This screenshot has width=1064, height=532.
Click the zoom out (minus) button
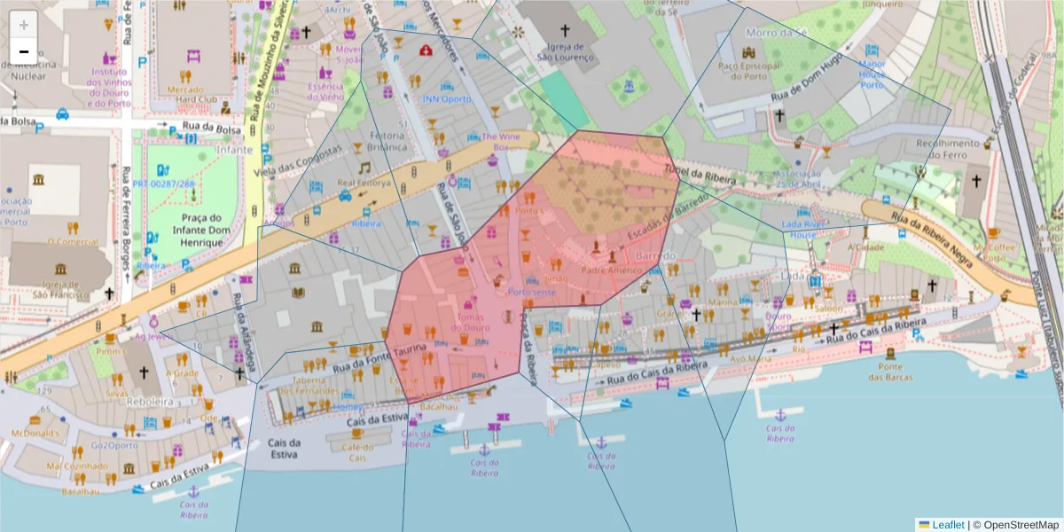(x=24, y=51)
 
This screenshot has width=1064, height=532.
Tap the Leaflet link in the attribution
(x=947, y=525)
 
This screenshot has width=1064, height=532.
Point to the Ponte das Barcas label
(x=890, y=372)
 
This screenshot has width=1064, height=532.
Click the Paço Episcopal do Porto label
(x=749, y=70)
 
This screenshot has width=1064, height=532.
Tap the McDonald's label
(x=35, y=433)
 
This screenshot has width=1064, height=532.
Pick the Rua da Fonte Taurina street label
(x=377, y=355)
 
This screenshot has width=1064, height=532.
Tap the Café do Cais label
(x=357, y=452)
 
